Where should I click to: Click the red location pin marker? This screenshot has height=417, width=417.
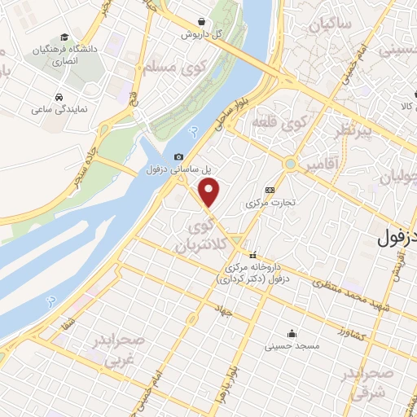210,193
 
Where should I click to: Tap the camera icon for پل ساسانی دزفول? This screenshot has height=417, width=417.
179,156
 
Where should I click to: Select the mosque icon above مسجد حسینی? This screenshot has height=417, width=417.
291,333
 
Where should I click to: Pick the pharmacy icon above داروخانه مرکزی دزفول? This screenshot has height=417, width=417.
252,253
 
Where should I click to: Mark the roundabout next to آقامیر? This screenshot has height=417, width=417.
291,164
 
